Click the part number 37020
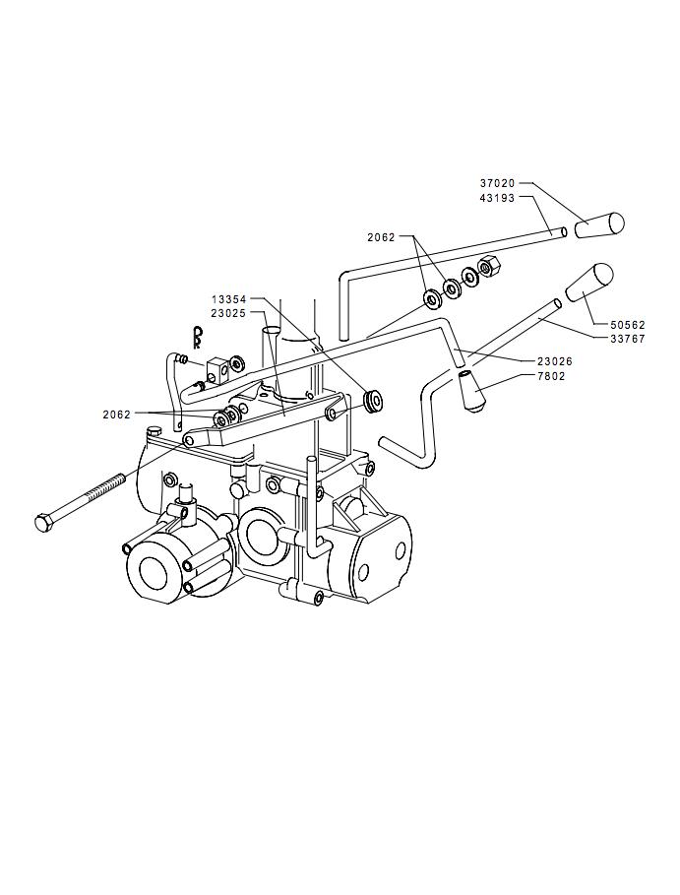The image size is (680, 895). click(x=497, y=184)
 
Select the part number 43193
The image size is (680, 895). click(x=497, y=198)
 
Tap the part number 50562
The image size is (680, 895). click(x=628, y=325)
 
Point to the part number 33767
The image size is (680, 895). click(x=628, y=339)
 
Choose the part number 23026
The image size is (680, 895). click(x=554, y=361)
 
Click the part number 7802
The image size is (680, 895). click(x=551, y=376)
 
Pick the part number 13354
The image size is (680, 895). click(x=228, y=299)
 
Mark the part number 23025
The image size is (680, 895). click(x=228, y=313)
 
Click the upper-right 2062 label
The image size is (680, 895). click(x=381, y=237)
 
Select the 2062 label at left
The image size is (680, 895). click(x=117, y=415)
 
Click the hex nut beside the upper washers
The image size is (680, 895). click(x=489, y=266)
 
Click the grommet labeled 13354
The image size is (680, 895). click(x=374, y=399)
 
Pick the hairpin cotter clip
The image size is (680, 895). click(x=197, y=337)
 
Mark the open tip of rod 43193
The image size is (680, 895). click(x=563, y=231)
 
